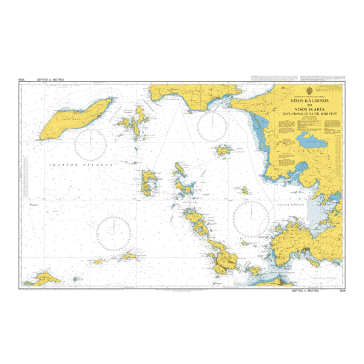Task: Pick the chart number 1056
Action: click(x=338, y=291)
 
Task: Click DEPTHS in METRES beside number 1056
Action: click(x=305, y=291)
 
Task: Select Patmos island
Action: click(x=148, y=182)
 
